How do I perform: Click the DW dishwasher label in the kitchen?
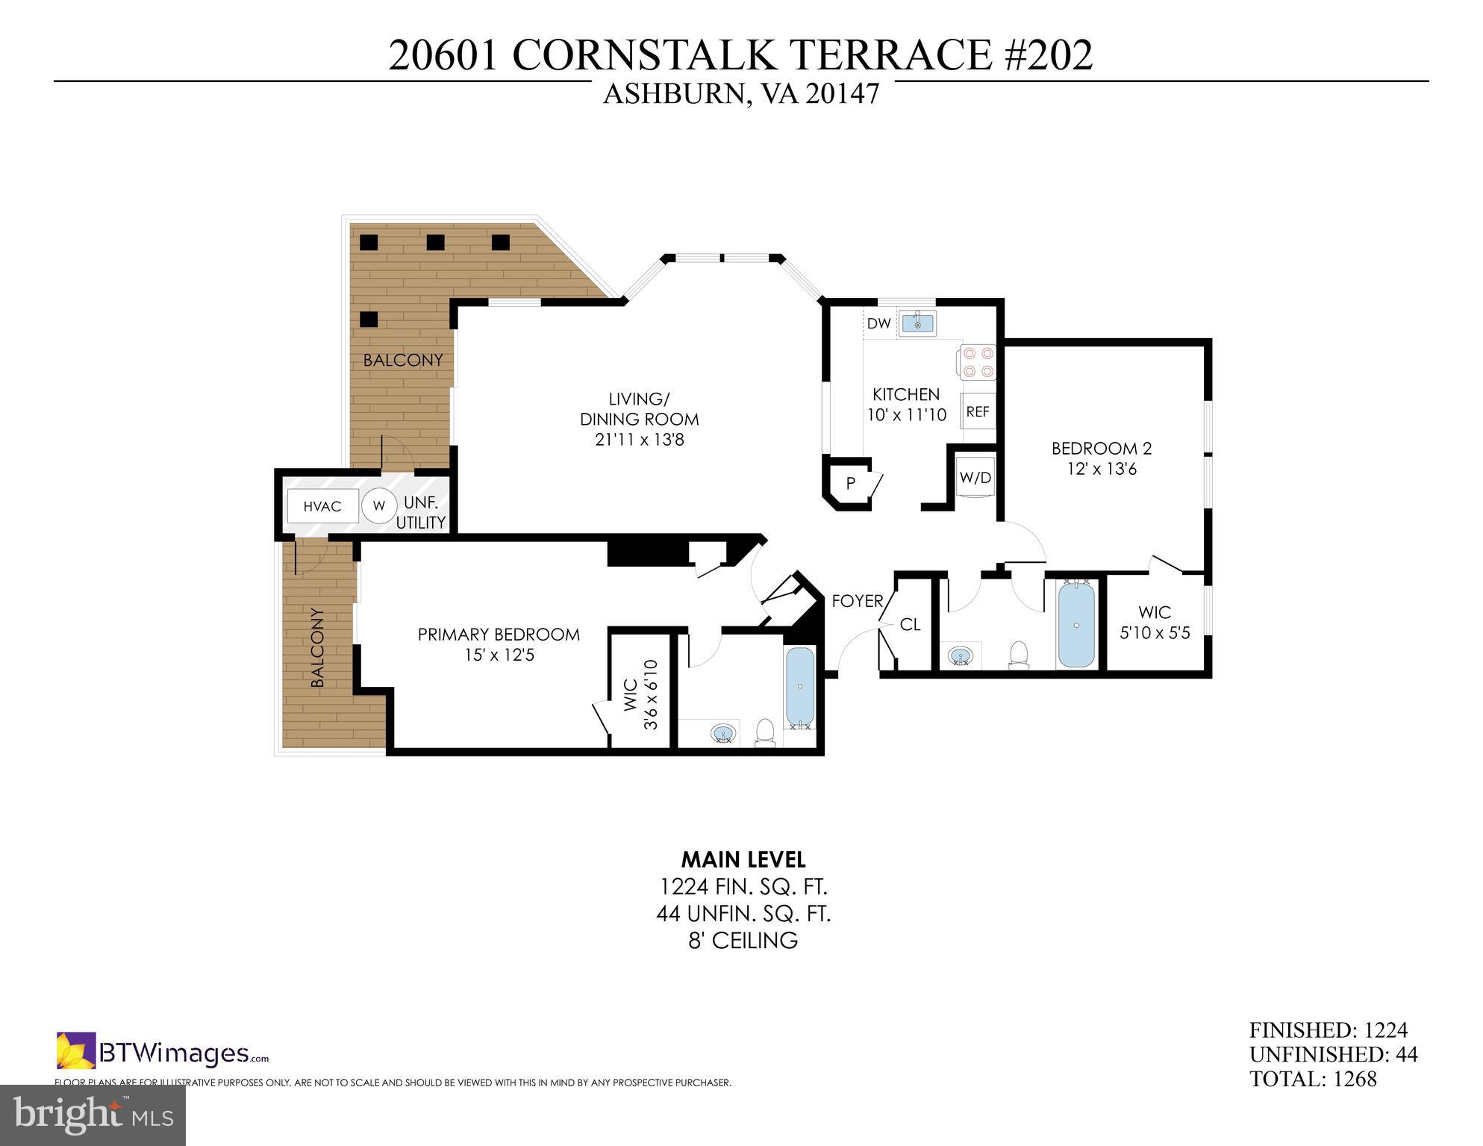coord(878,324)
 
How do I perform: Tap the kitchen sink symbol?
coord(917,323)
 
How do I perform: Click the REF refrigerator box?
coord(978,411)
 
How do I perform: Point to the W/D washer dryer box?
coord(975,478)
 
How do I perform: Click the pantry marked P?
coord(850,484)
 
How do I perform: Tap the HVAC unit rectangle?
coord(322,506)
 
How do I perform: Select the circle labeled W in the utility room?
coord(379,506)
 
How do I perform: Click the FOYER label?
coord(858,601)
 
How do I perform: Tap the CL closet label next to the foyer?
coord(910,625)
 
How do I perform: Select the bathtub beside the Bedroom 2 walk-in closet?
coord(1075,625)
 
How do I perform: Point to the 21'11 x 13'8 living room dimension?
coord(640,440)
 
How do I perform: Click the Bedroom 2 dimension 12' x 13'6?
coord(1102,469)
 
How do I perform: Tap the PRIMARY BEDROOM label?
coord(499,635)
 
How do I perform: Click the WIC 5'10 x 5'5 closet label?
coord(1155,623)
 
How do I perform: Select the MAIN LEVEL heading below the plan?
coord(743,860)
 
